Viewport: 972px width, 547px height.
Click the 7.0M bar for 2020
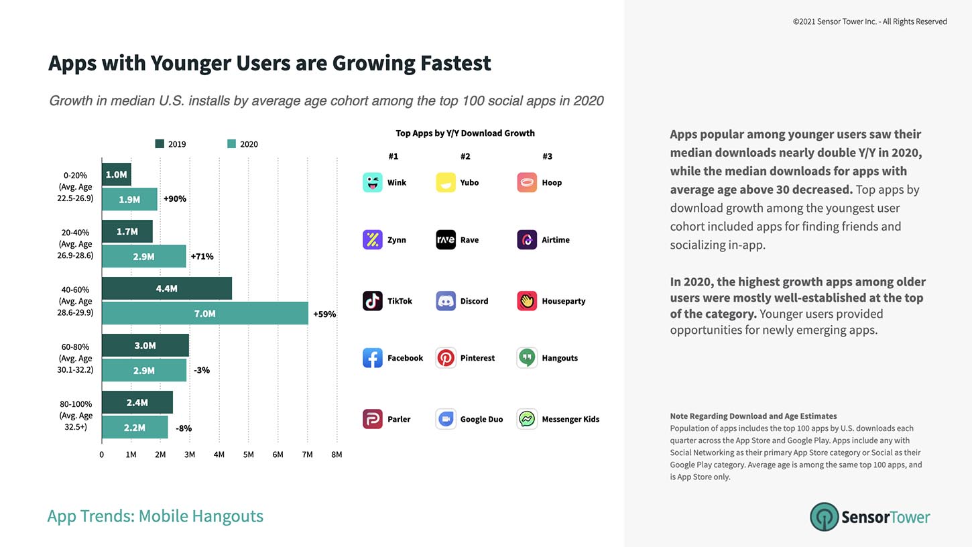(x=204, y=314)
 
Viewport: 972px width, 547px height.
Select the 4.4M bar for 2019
(x=166, y=288)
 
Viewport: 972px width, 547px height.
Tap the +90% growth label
(x=174, y=199)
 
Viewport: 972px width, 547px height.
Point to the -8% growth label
(x=183, y=428)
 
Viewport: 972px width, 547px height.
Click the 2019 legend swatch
(x=160, y=144)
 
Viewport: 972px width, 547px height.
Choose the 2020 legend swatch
(x=231, y=144)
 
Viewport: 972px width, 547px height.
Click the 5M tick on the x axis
(x=248, y=454)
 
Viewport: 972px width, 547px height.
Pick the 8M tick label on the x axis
(x=337, y=454)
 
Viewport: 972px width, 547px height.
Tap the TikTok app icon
(x=373, y=301)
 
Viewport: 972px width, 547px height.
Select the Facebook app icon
(x=373, y=358)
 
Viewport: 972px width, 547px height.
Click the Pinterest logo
(x=446, y=358)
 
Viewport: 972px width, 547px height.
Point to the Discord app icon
(x=446, y=301)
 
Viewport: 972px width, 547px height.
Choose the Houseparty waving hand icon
(x=527, y=301)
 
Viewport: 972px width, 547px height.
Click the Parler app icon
(x=373, y=419)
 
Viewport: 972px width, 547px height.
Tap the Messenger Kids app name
(x=570, y=420)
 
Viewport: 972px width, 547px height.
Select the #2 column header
(x=465, y=156)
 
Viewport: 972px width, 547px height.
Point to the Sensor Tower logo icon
(x=824, y=517)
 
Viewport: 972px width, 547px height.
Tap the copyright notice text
(x=869, y=21)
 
